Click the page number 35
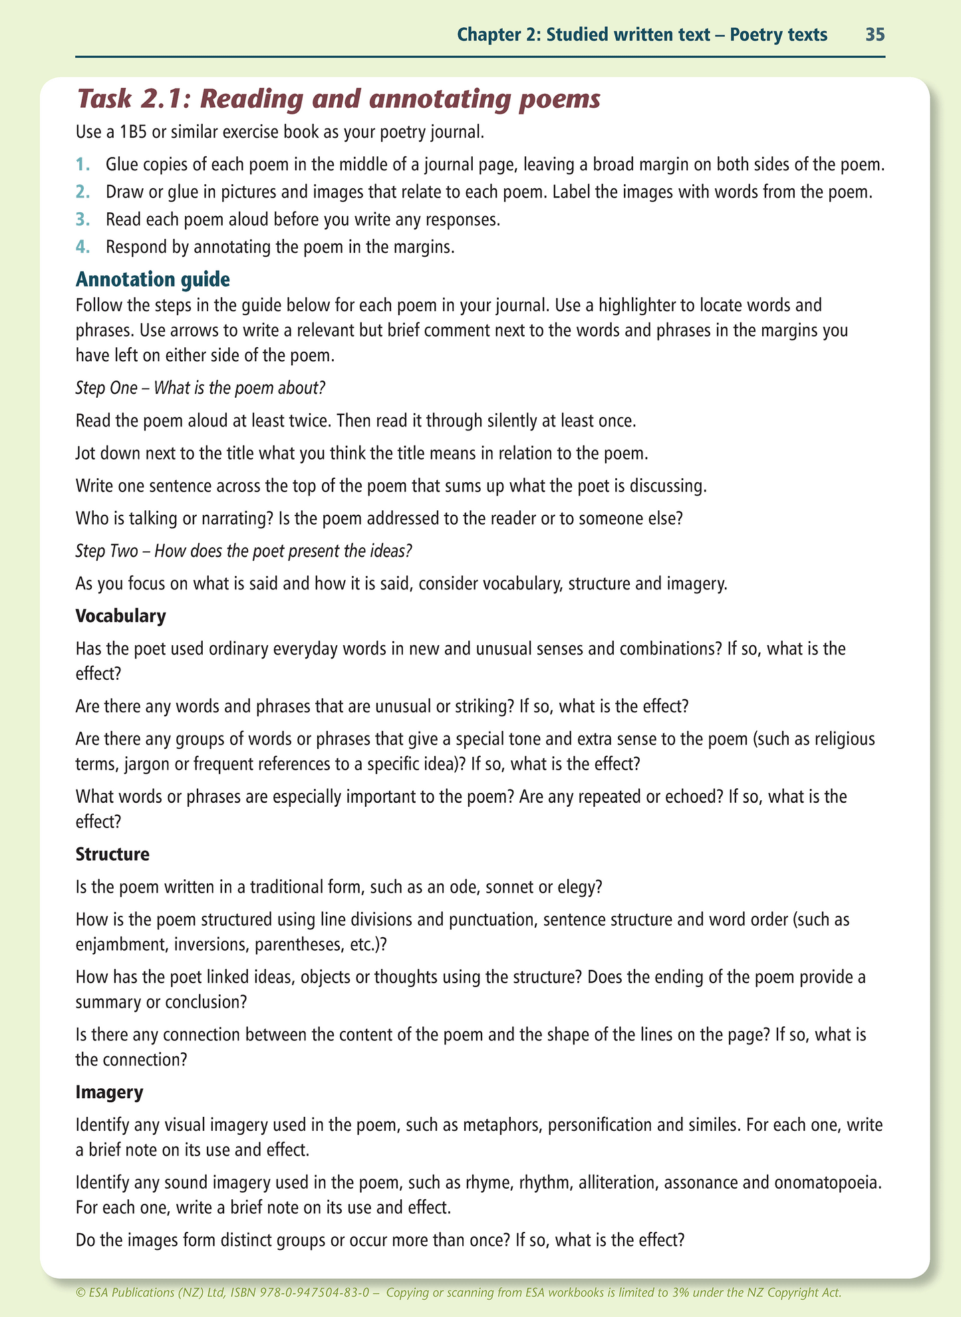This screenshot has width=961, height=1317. click(x=875, y=35)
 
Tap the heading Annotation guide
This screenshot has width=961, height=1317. click(x=153, y=279)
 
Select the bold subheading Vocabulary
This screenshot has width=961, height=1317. click(x=120, y=616)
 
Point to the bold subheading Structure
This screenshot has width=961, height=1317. click(x=112, y=854)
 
